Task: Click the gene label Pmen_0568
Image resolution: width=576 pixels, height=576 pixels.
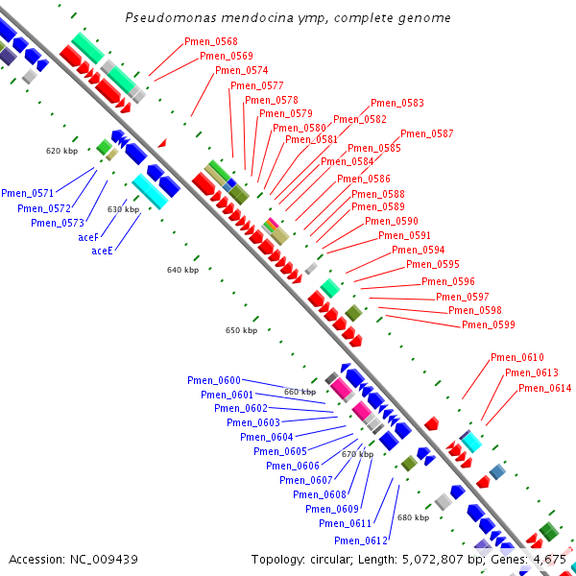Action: click(211, 41)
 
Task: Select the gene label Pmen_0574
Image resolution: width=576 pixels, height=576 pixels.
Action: click(242, 70)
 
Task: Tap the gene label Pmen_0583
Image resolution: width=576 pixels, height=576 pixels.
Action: click(397, 103)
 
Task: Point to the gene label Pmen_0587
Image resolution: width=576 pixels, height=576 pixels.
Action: click(427, 133)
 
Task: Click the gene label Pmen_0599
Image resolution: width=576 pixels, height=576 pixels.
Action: click(489, 324)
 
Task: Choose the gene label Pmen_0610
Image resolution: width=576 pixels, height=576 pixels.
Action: click(517, 357)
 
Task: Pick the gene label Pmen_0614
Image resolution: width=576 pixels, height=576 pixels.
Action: click(545, 388)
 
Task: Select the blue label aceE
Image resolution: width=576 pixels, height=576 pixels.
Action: click(102, 251)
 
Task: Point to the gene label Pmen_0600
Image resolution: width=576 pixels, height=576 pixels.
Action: click(214, 380)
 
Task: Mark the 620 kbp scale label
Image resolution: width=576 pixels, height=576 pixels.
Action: click(61, 151)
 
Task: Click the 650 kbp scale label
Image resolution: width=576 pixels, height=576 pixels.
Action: click(241, 330)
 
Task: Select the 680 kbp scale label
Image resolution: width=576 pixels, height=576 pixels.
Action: click(413, 517)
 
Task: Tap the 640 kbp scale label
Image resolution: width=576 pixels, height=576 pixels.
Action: click(182, 270)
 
